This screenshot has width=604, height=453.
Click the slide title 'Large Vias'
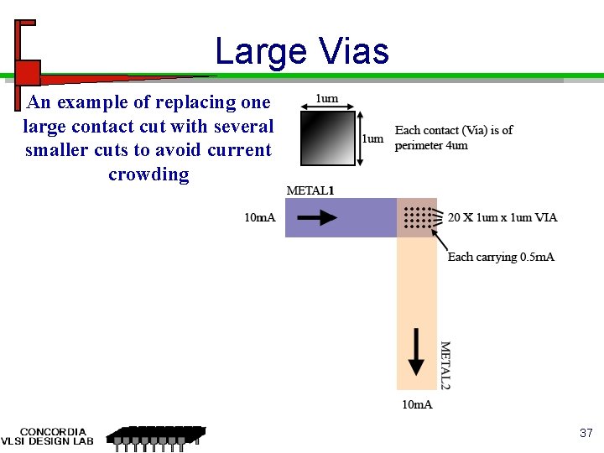tap(302, 51)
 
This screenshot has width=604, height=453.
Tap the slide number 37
tap(586, 433)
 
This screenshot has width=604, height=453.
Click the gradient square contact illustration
tap(324, 138)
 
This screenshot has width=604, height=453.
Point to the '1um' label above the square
tap(326, 99)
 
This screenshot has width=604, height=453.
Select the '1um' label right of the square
tap(372, 138)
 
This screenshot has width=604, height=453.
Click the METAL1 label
tap(310, 190)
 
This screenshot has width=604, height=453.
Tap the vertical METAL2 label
tap(445, 364)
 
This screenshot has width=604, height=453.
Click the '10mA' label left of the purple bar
tap(260, 218)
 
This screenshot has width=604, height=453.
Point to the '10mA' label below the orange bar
tap(418, 405)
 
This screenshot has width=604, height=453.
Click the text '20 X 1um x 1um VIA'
tap(502, 218)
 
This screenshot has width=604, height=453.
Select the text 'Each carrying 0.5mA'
tap(501, 257)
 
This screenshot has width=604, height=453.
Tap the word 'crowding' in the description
tap(148, 174)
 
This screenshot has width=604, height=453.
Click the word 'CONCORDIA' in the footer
tap(53, 432)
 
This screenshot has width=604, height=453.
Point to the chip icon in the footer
tap(154, 437)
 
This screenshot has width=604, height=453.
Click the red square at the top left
tap(29, 70)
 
